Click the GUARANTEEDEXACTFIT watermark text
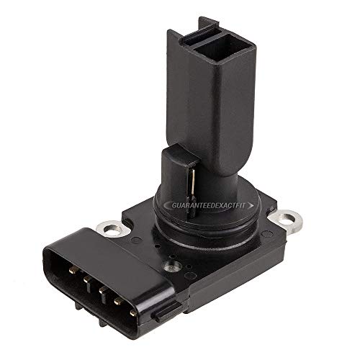[x=216, y=207]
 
